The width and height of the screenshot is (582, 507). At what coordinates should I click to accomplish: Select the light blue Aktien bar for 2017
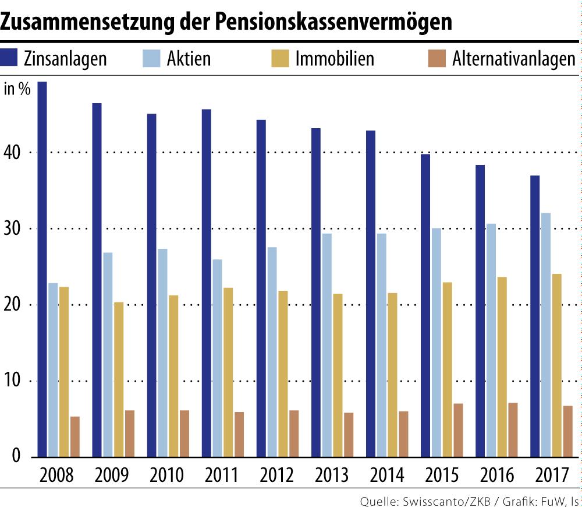pos(545,335)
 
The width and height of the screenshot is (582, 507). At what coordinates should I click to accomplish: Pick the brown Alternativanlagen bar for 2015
pos(458,429)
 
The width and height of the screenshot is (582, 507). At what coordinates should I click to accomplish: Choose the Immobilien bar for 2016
pos(502,367)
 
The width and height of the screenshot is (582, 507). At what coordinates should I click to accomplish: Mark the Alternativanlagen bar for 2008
pos(74,436)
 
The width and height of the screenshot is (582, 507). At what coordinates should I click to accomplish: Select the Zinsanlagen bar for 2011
pos(206,283)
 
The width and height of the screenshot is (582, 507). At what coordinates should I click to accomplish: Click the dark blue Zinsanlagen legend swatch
pos(10,59)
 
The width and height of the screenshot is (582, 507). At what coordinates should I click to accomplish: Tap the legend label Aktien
pos(189,59)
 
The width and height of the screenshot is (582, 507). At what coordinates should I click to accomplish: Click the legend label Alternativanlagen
pos(514,59)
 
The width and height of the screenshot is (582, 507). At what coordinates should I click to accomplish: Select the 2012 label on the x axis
pos(277,475)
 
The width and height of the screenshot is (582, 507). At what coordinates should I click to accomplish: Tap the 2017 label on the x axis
pos(551,475)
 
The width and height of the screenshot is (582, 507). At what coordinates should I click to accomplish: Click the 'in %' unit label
pos(17,89)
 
